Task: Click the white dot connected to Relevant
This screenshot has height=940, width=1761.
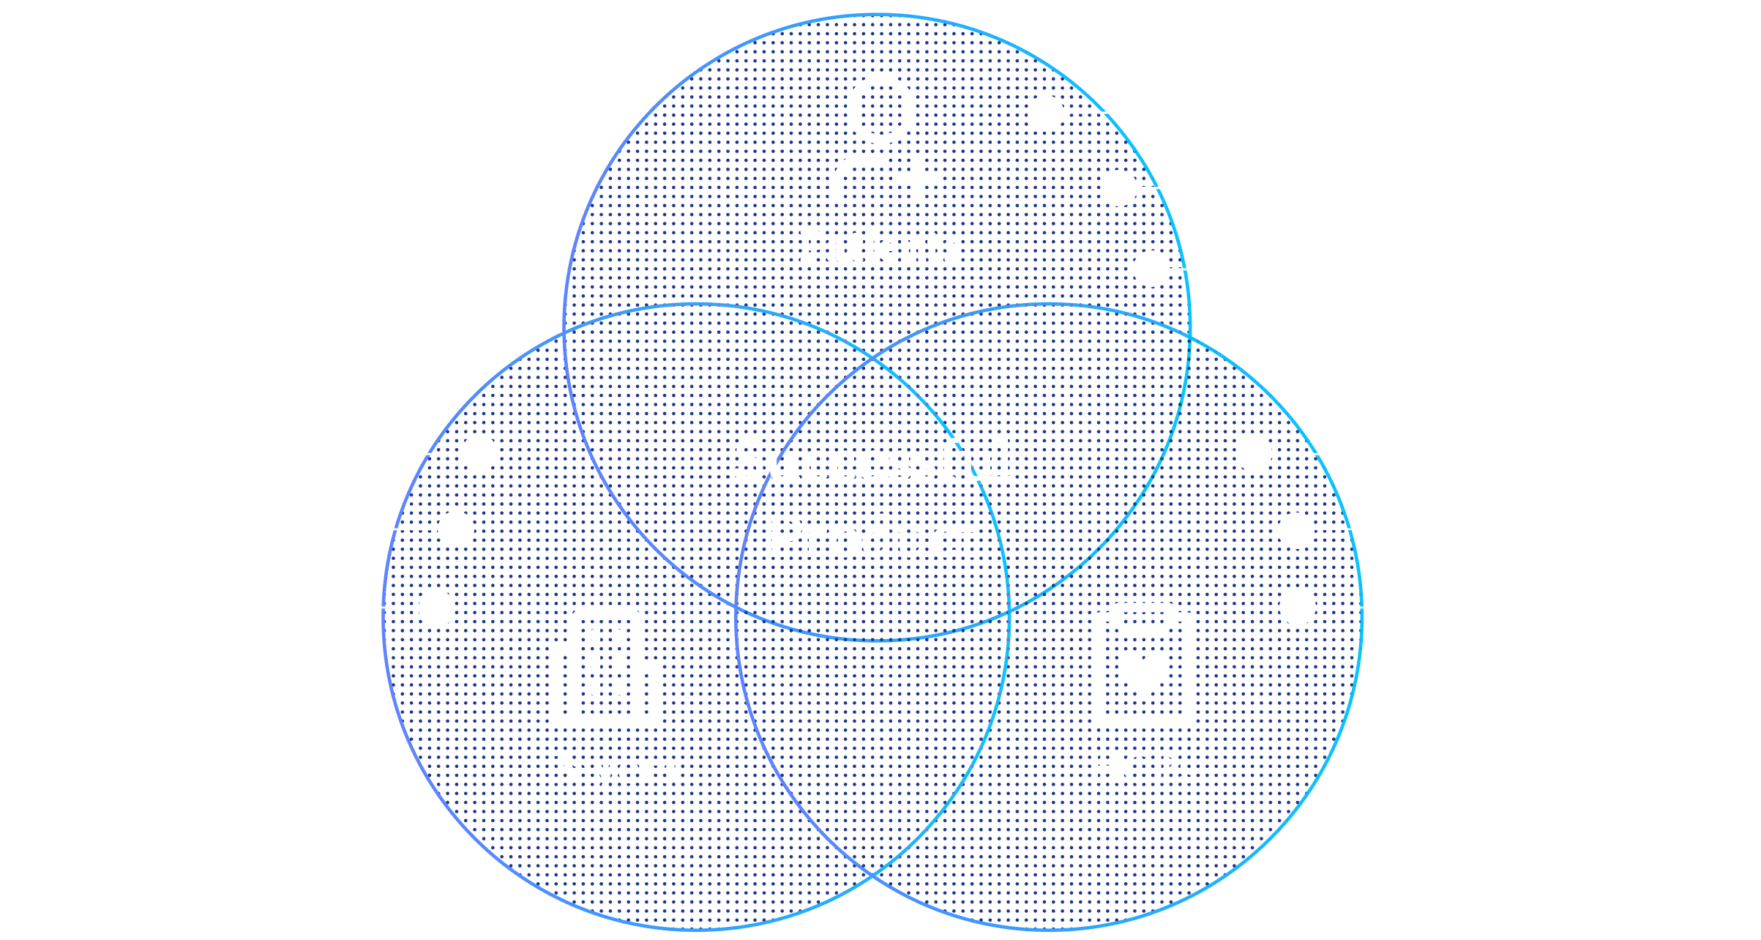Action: pyautogui.click(x=1045, y=113)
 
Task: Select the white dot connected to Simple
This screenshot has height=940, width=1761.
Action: pyautogui.click(x=1151, y=269)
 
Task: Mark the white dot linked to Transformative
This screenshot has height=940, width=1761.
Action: pyautogui.click(x=455, y=529)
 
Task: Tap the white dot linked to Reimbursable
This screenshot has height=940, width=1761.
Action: pyautogui.click(x=1297, y=607)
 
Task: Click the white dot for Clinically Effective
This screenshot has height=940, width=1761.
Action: pyautogui.click(x=479, y=454)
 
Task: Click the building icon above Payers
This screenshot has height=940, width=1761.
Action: pyautogui.click(x=606, y=668)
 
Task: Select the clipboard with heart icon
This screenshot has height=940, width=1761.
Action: pyautogui.click(x=1143, y=666)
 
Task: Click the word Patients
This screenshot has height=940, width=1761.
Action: pyautogui.click(x=880, y=247)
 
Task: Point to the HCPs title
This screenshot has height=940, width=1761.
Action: pyautogui.click(x=1142, y=769)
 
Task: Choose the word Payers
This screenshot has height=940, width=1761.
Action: pyautogui.click(x=610, y=769)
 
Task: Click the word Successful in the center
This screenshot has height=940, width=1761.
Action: pyautogui.click(x=873, y=461)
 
